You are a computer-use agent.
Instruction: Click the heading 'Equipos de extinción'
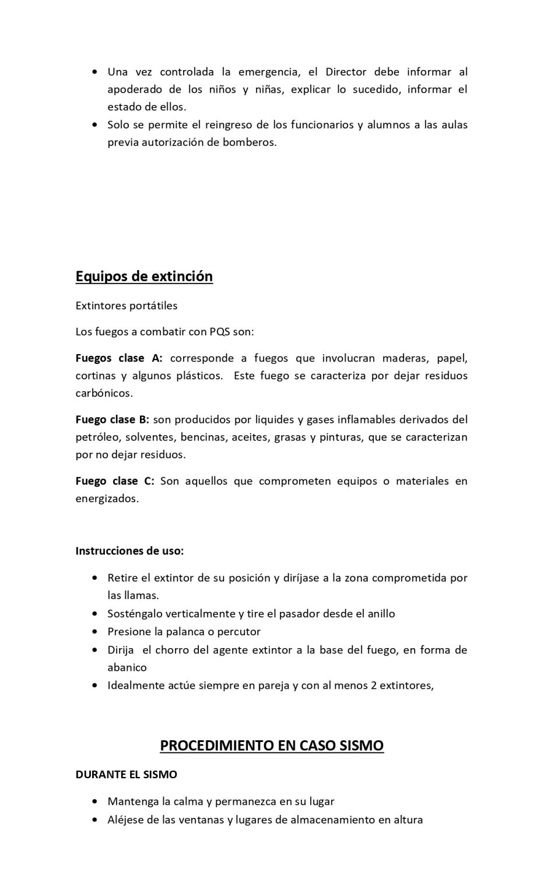click(144, 276)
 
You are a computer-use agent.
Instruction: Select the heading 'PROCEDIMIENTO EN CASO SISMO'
click(272, 745)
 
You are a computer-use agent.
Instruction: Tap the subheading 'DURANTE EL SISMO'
click(127, 775)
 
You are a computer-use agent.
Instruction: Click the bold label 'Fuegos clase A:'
click(119, 358)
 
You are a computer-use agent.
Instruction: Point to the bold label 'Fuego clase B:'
click(113, 419)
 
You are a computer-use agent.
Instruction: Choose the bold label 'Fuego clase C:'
click(115, 481)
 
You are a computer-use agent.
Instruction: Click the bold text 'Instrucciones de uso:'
click(129, 551)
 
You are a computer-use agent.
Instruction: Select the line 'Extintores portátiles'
click(127, 306)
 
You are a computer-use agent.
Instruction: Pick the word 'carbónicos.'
click(104, 393)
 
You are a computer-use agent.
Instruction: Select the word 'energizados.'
click(107, 499)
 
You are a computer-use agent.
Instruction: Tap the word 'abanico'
click(127, 667)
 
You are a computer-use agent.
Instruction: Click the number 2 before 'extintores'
click(374, 685)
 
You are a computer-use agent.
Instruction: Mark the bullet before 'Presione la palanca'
click(95, 632)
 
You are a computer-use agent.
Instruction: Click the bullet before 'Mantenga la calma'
click(95, 802)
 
